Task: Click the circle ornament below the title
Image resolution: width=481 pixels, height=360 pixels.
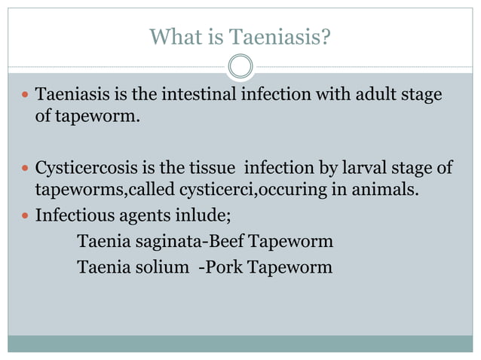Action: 240,66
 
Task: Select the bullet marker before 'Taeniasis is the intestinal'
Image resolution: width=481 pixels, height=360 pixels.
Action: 25,97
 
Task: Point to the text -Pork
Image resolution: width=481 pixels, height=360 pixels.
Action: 217,267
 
